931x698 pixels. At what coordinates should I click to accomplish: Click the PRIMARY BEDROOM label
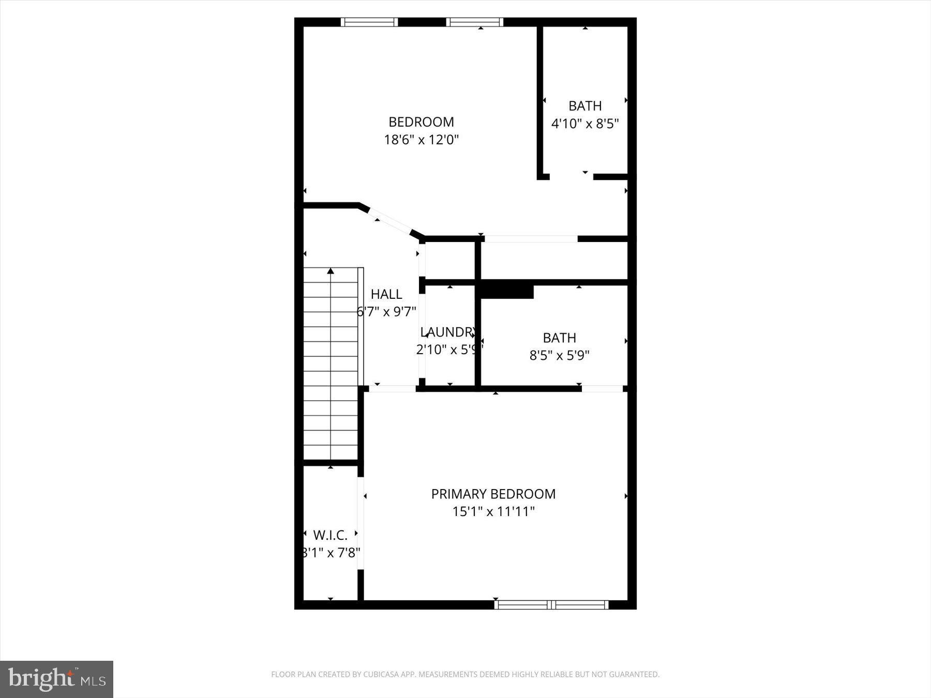point(493,494)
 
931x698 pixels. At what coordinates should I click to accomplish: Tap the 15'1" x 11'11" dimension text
point(493,511)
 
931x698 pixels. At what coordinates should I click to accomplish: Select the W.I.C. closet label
point(330,535)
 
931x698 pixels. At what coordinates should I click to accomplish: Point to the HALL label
point(386,294)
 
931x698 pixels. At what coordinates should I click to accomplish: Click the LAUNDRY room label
point(448,332)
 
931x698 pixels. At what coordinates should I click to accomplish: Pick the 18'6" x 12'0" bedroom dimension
point(421,140)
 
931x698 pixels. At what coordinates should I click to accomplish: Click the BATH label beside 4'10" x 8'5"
point(585,106)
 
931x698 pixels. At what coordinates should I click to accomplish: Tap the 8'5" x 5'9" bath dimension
point(559,355)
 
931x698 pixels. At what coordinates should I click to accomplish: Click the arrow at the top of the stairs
point(331,271)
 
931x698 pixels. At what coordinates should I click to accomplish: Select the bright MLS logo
point(56,679)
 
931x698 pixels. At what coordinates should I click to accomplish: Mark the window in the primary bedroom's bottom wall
point(551,604)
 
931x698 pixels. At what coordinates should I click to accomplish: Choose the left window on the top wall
point(369,22)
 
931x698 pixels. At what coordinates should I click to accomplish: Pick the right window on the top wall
point(475,22)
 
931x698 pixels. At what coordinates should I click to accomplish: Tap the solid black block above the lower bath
point(507,290)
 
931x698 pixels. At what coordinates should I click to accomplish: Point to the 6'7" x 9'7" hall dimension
point(386,311)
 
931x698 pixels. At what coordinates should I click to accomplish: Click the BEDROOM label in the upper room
point(421,122)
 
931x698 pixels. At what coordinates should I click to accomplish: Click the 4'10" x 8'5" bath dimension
point(585,124)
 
